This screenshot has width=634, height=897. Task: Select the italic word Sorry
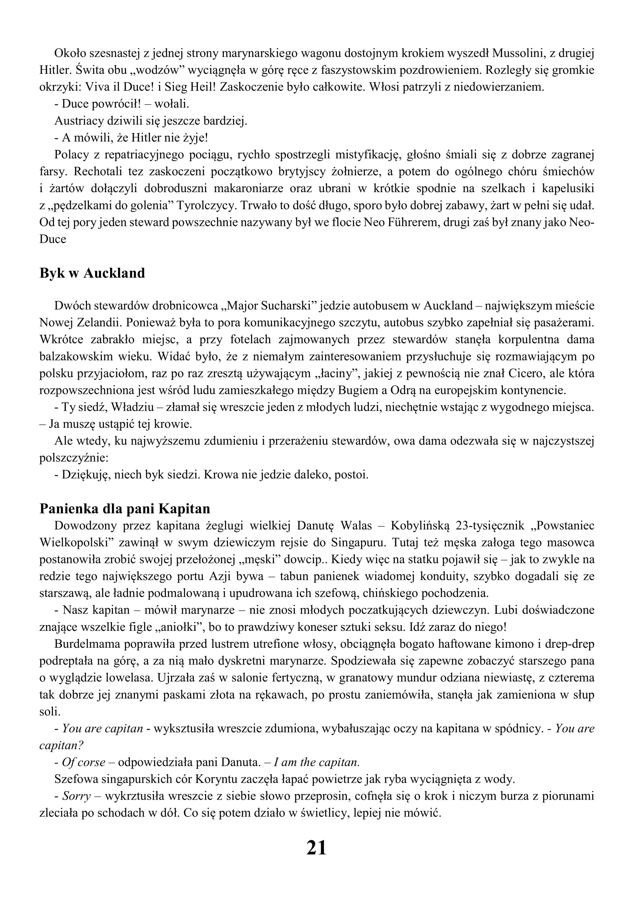tap(77, 796)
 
